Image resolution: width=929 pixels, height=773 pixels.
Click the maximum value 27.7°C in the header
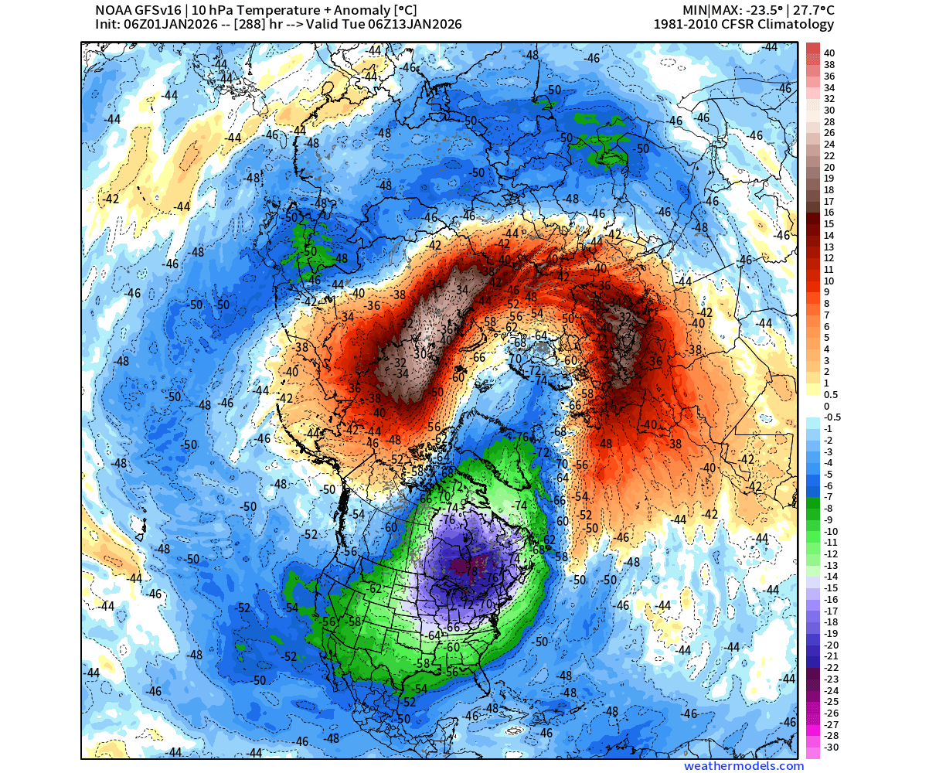[810, 10]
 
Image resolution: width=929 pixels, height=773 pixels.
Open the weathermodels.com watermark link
[744, 766]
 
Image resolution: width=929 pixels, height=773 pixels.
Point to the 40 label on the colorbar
[829, 53]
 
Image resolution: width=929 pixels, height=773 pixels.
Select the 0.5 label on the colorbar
[831, 394]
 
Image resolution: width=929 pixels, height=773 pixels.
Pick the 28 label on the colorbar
[829, 121]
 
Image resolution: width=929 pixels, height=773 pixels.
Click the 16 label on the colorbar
[829, 212]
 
